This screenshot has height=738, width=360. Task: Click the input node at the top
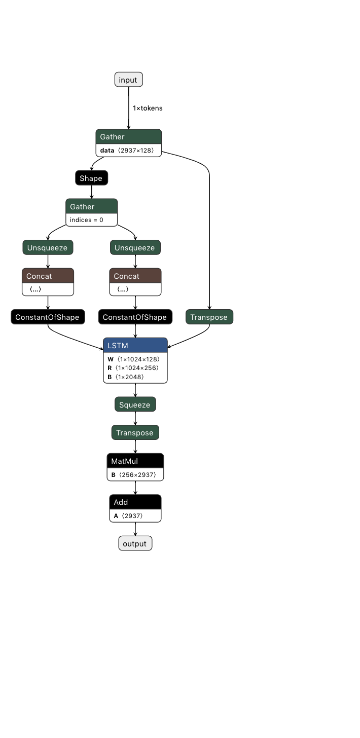click(129, 80)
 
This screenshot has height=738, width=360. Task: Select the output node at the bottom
click(135, 543)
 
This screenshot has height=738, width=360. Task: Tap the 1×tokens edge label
click(148, 108)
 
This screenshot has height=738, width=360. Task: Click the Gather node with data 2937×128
click(128, 137)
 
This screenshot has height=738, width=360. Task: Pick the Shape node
click(91, 178)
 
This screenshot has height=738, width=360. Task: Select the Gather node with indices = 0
click(91, 207)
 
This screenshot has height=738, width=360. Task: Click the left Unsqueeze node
click(48, 247)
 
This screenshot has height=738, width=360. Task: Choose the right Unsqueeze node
click(135, 247)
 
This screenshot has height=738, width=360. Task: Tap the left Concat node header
click(48, 276)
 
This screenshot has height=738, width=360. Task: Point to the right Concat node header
click(135, 276)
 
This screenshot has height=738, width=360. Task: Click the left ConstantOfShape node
click(48, 317)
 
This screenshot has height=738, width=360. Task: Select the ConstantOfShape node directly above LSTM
click(135, 317)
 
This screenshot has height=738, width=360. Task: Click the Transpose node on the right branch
click(209, 317)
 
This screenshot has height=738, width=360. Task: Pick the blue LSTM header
click(135, 345)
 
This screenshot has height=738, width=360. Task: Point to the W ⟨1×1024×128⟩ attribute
click(134, 359)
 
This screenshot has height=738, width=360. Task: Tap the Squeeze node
click(135, 404)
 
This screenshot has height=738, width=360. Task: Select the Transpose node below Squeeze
click(135, 432)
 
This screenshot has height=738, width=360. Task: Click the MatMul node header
click(135, 461)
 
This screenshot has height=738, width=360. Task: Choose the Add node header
click(135, 502)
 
